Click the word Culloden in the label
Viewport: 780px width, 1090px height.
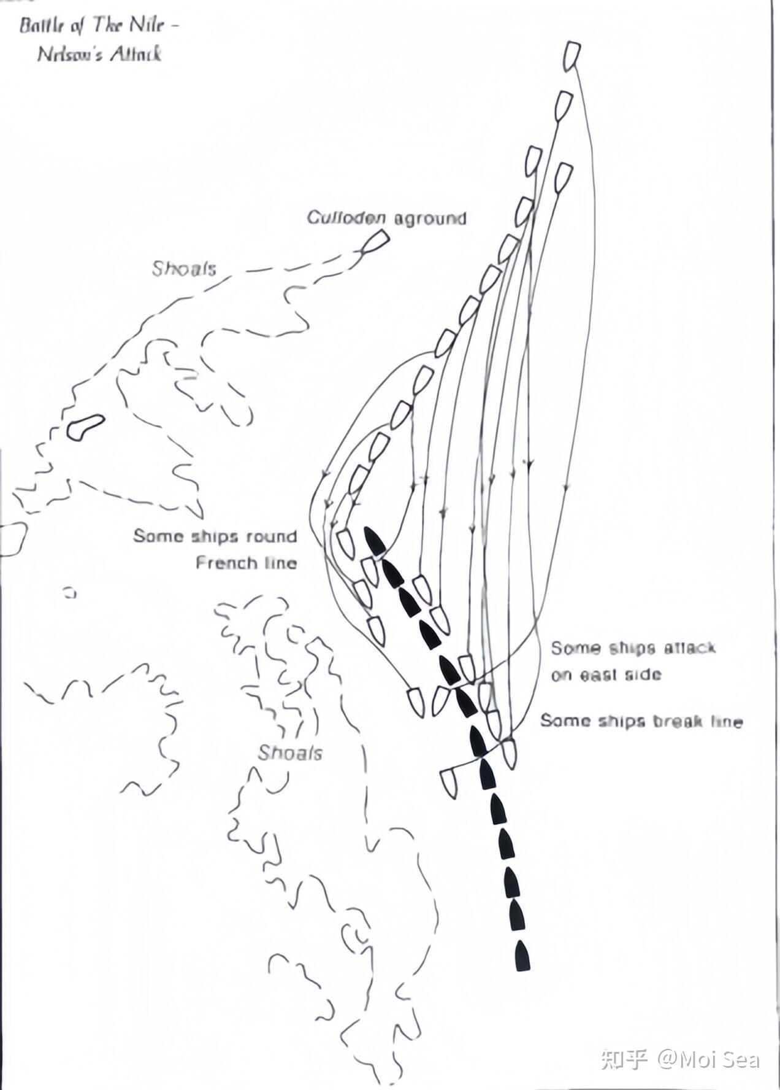pyautogui.click(x=346, y=218)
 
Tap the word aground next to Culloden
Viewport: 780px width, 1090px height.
pyautogui.click(x=430, y=218)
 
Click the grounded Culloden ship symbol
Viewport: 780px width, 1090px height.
pyautogui.click(x=375, y=242)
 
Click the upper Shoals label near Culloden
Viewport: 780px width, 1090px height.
pyautogui.click(x=184, y=268)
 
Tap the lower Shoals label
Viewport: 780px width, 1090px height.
pyautogui.click(x=290, y=752)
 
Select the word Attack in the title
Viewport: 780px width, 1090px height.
pyautogui.click(x=136, y=54)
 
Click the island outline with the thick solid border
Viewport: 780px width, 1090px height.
pyautogui.click(x=85, y=427)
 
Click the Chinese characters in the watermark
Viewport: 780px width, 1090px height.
pyautogui.click(x=624, y=1059)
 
